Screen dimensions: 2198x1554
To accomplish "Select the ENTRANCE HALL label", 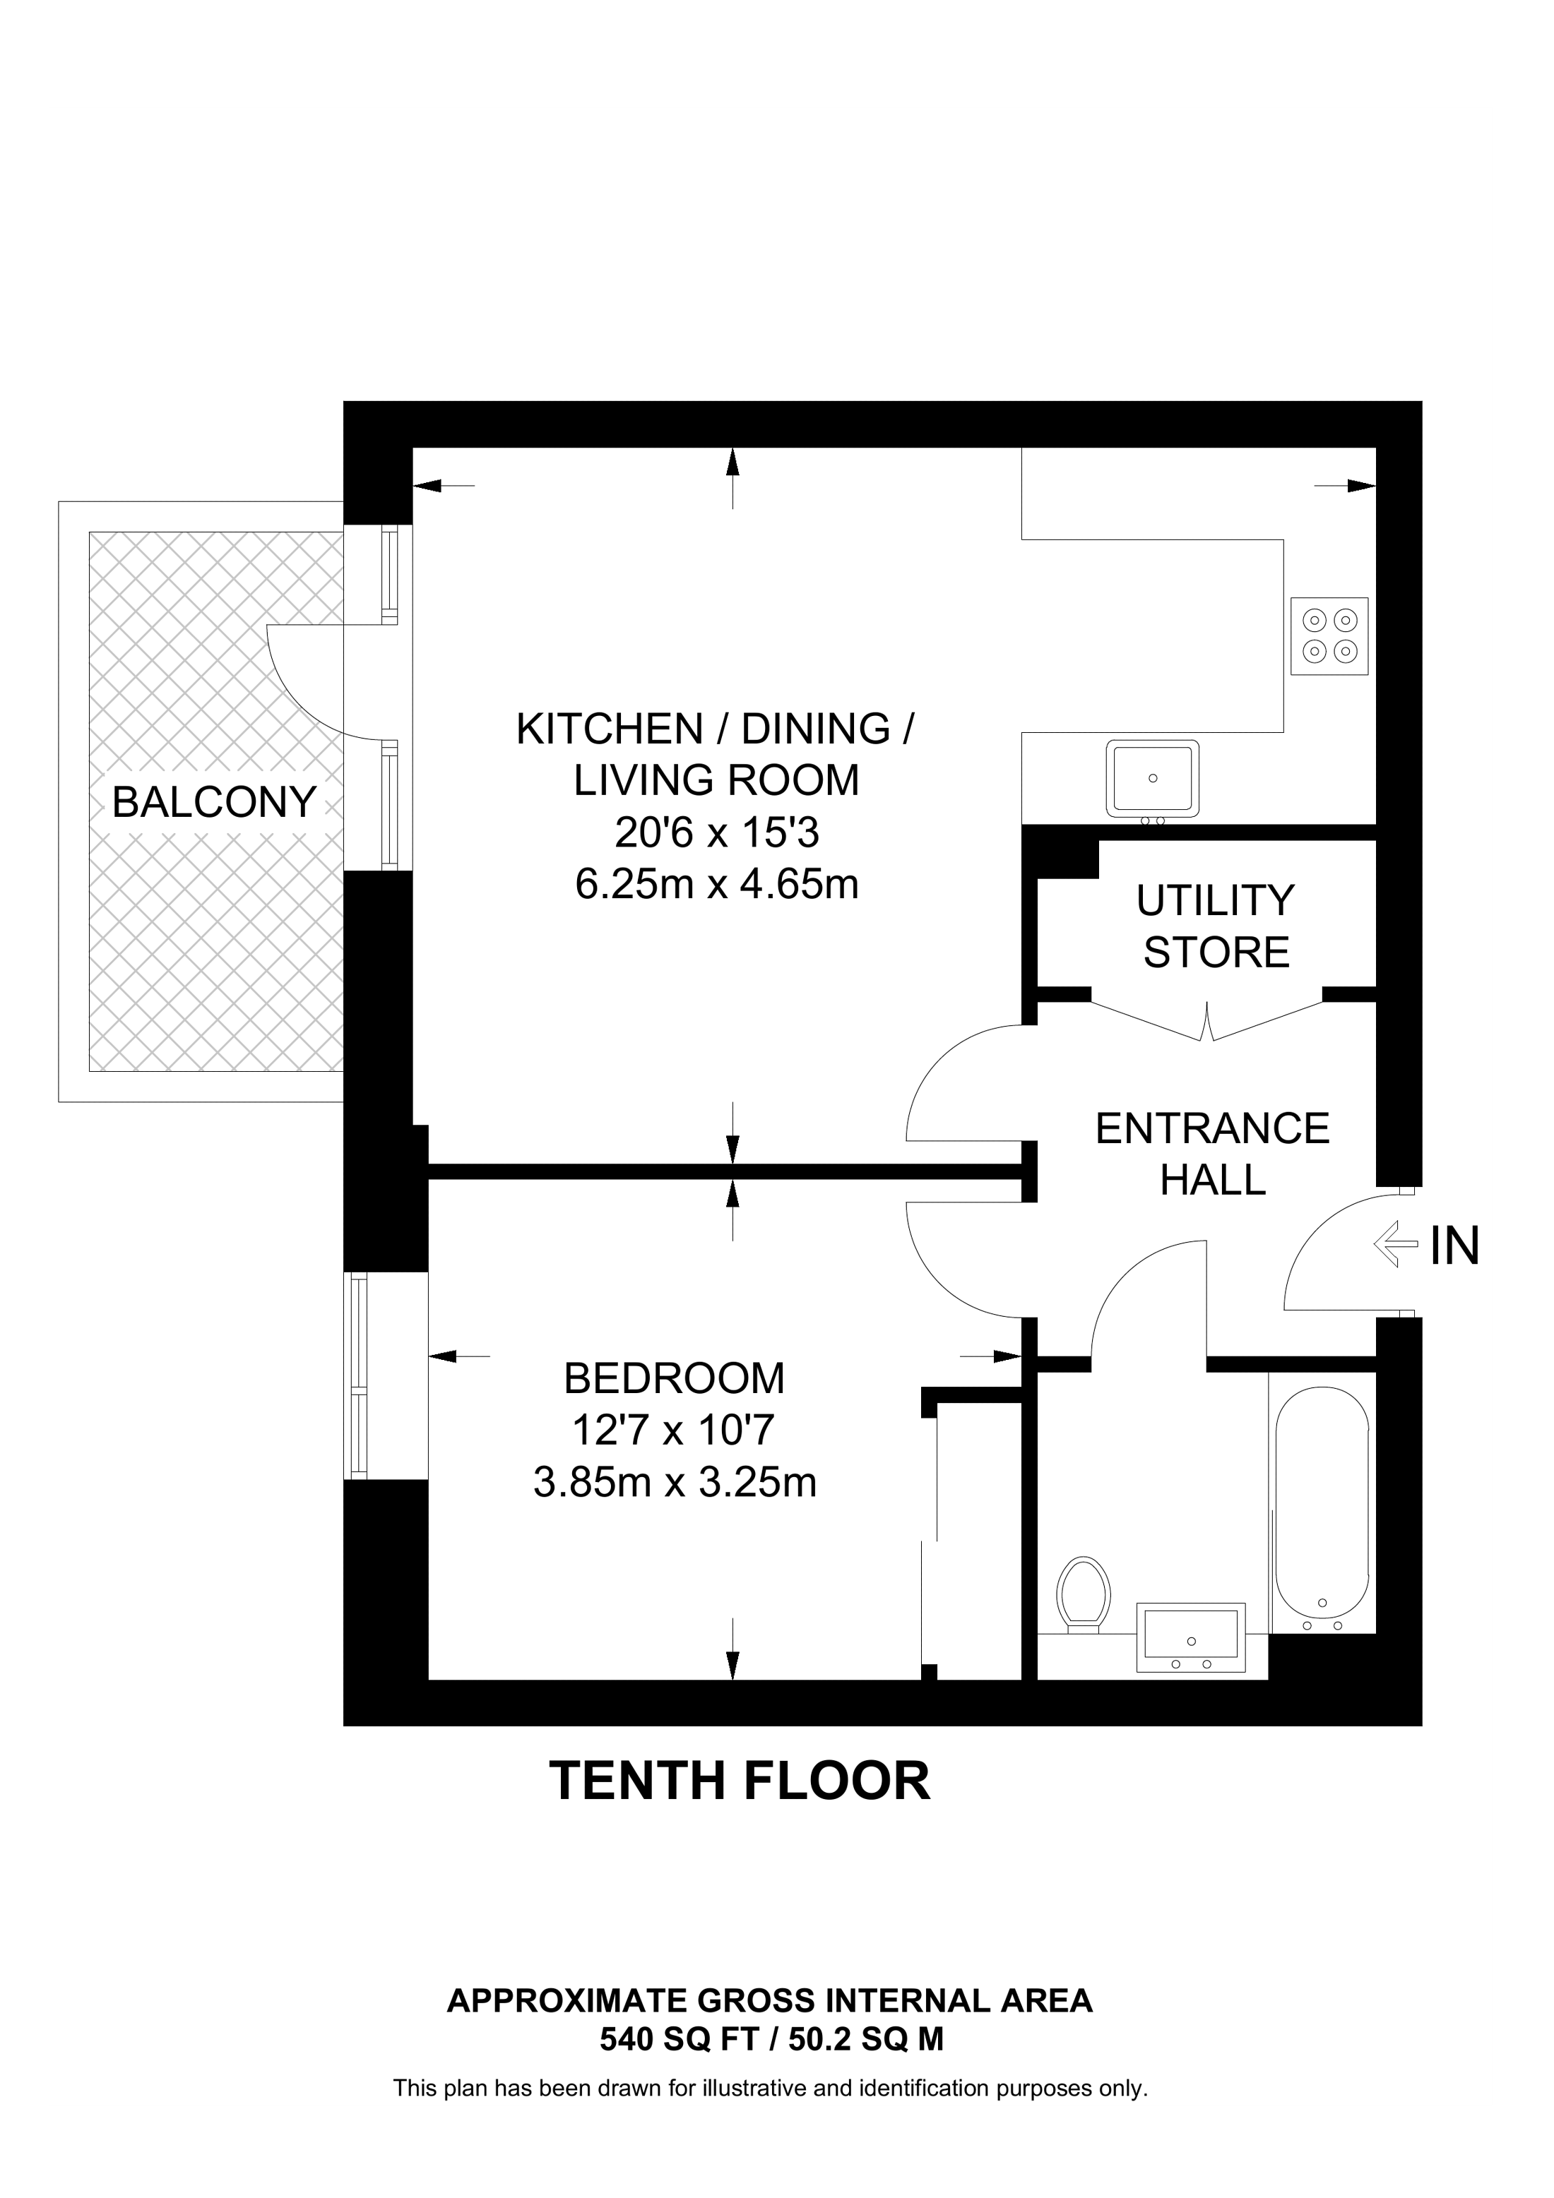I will pyautogui.click(x=1212, y=1154).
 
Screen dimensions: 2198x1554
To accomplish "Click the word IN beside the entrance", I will pyautogui.click(x=1454, y=1246).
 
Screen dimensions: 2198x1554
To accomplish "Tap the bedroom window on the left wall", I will pyautogui.click(x=357, y=1375).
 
